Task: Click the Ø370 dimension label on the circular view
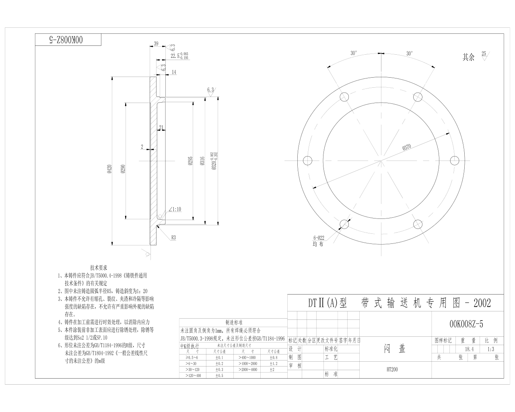[407, 147]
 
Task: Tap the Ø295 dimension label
[191, 161]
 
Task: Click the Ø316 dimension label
[202, 161]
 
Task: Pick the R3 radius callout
[173, 238]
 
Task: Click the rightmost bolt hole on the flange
[455, 161]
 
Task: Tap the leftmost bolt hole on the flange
[308, 161]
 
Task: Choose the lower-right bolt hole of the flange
[418, 224]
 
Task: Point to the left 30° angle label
[354, 53]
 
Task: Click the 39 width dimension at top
[156, 44]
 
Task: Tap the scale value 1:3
[490, 349]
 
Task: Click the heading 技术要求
[99, 268]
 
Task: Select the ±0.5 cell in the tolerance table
[219, 375]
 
